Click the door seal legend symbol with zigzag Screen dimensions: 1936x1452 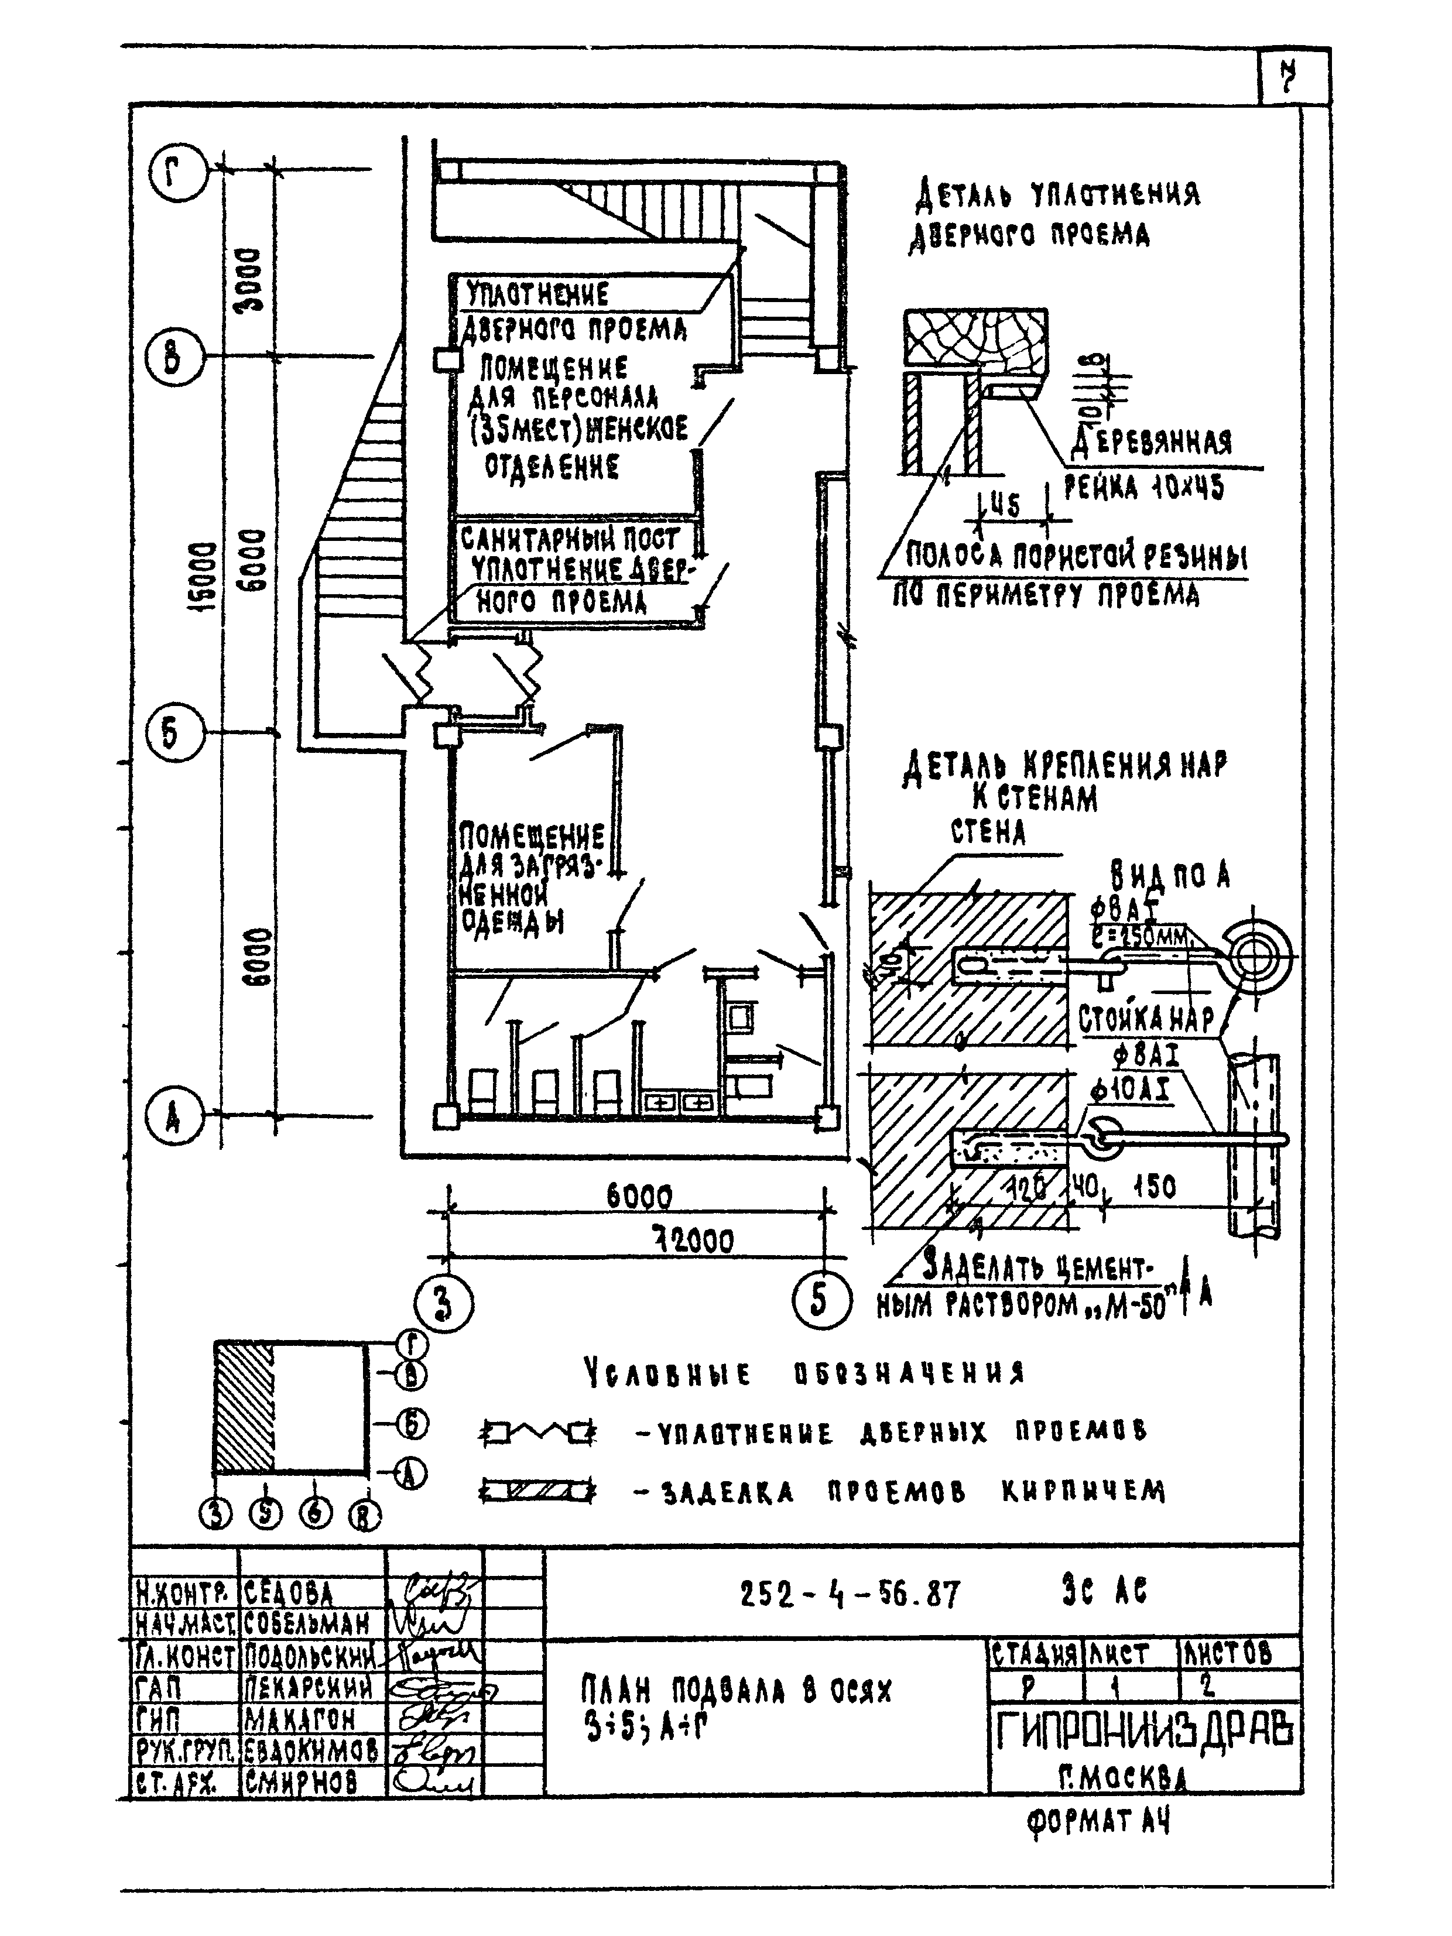point(538,1433)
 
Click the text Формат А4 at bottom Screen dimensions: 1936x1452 point(1098,1822)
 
